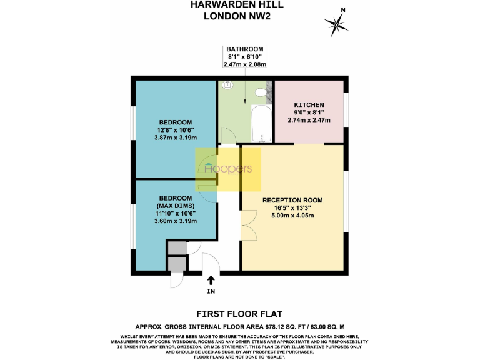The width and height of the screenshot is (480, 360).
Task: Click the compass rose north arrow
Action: [x=337, y=24]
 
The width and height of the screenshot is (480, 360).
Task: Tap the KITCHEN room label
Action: [x=309, y=104]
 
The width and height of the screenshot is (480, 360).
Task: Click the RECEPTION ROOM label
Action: [x=292, y=201]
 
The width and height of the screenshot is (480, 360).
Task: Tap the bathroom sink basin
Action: [x=227, y=84]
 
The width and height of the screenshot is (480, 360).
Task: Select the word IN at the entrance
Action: [x=211, y=292]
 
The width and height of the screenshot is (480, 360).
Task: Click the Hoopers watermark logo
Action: [x=228, y=169]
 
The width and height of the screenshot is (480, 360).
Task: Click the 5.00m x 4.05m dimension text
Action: [x=292, y=216]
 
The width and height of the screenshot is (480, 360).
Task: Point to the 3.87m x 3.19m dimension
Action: [x=175, y=137]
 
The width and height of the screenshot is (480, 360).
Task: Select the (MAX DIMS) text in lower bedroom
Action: [x=175, y=206]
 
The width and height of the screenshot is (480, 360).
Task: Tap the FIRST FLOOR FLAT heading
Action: [x=239, y=314]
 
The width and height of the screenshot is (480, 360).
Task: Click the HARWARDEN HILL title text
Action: [x=241, y=5]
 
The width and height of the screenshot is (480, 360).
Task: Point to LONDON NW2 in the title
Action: [x=241, y=16]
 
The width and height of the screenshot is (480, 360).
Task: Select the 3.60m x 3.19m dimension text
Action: [x=175, y=221]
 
